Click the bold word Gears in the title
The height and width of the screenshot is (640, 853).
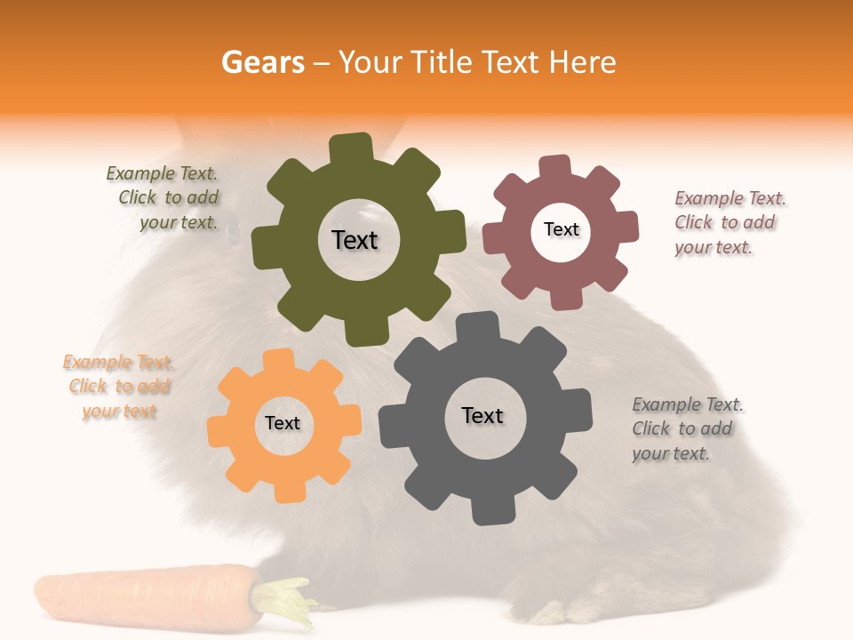(262, 62)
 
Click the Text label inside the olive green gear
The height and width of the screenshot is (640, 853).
(355, 240)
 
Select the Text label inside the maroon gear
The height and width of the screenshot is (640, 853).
(561, 229)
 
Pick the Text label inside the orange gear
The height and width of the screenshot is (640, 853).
(283, 423)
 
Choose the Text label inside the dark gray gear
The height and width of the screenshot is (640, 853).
(482, 415)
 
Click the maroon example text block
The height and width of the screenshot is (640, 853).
(728, 222)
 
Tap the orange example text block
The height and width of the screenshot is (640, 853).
(118, 387)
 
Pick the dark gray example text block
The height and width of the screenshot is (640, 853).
(686, 428)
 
